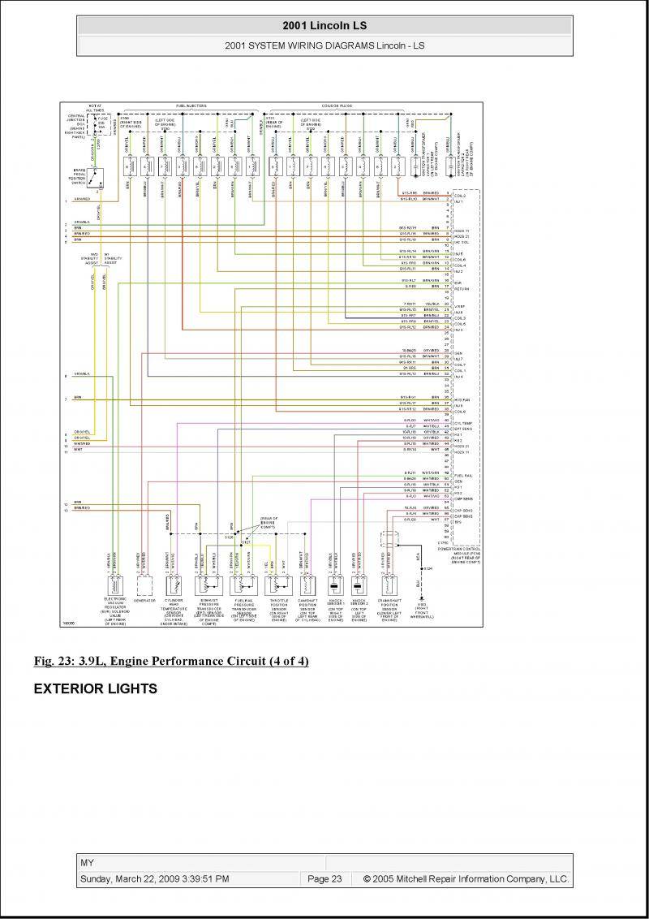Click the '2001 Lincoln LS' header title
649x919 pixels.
click(324, 26)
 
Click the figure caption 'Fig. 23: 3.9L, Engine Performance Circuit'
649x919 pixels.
click(171, 662)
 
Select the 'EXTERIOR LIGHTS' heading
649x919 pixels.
click(95, 689)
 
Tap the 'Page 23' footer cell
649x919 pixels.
click(324, 878)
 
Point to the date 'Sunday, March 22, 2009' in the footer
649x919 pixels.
click(154, 878)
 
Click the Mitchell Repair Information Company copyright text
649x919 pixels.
click(466, 878)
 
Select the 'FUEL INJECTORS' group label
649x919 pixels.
click(191, 106)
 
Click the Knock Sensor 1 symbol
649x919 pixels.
click(333, 586)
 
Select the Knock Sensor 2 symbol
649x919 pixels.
click(358, 586)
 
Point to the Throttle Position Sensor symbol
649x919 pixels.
click(277, 586)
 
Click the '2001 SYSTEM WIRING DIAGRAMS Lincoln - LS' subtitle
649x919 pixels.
click(324, 45)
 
